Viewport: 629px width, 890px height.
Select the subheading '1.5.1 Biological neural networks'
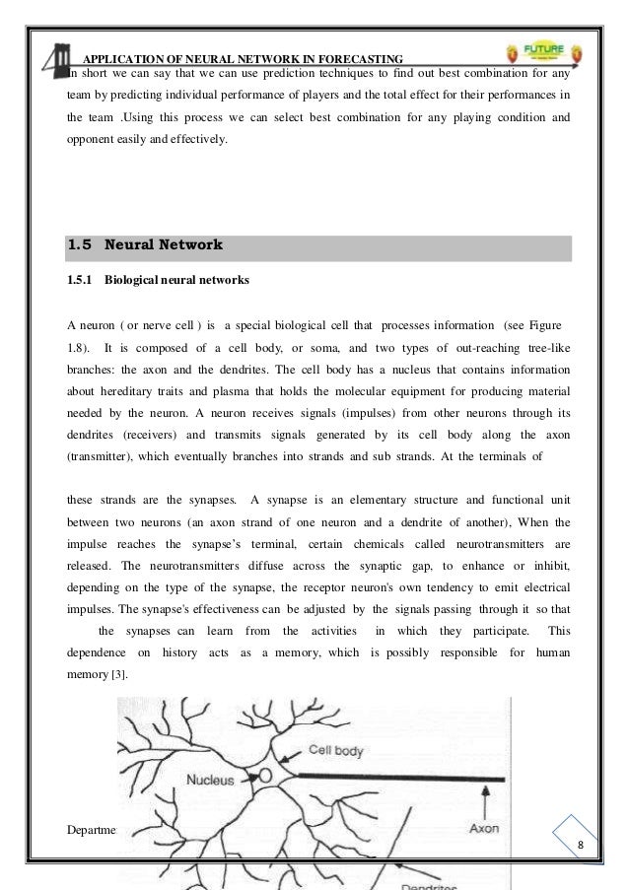158,280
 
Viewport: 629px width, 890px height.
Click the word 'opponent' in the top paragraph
91,140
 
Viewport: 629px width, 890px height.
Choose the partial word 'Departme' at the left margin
91,828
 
